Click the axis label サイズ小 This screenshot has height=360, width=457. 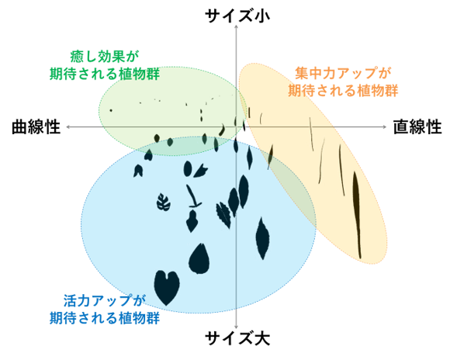click(x=237, y=16)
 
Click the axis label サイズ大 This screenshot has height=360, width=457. click(x=237, y=338)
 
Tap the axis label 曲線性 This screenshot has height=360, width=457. click(x=36, y=127)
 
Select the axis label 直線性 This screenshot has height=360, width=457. click(x=417, y=127)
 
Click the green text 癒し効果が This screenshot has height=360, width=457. click(x=105, y=57)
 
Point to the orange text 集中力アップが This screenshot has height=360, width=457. click(x=343, y=73)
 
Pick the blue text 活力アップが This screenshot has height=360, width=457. click(x=105, y=300)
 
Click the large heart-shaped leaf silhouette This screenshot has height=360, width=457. click(x=166, y=287)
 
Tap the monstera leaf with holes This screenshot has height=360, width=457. click(x=164, y=202)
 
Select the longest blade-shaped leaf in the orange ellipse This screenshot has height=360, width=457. click(x=357, y=214)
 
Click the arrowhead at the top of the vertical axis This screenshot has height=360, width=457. click(x=237, y=27)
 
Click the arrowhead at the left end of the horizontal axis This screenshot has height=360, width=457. click(x=68, y=126)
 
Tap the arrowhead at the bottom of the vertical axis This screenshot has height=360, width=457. click(x=237, y=327)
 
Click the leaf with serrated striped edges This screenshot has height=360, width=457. click(x=223, y=215)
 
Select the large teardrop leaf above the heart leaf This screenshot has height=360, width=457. click(x=199, y=259)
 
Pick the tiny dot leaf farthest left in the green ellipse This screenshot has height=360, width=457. click(x=111, y=110)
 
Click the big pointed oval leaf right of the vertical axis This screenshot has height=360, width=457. click(x=262, y=238)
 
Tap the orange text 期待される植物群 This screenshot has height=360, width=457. click(x=343, y=90)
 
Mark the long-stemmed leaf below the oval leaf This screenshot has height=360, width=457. click(x=193, y=196)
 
